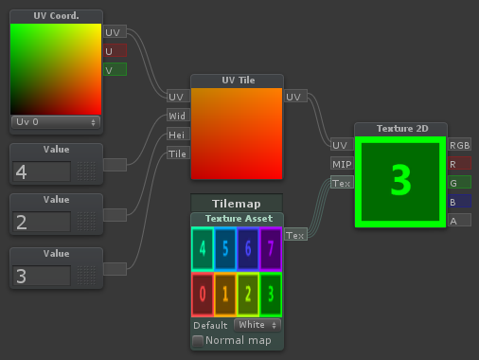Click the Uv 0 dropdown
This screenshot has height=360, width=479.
55,122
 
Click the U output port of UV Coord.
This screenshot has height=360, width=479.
115,50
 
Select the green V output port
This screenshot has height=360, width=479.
115,69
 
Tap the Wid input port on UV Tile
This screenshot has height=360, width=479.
176,116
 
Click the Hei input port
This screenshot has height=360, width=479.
176,135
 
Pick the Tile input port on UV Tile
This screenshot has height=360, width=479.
177,153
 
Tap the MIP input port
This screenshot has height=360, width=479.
342,164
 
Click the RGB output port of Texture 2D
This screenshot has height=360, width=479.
460,145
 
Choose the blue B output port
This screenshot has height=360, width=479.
460,202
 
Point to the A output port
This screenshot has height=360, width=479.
460,221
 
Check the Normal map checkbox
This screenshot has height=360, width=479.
198,340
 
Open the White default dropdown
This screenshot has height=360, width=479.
257,325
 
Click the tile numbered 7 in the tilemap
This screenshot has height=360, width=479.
270,249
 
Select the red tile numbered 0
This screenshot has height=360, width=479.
202,295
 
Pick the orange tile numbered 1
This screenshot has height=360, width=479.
224,295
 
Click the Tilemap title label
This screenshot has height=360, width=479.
237,203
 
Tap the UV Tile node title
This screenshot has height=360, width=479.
237,81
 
